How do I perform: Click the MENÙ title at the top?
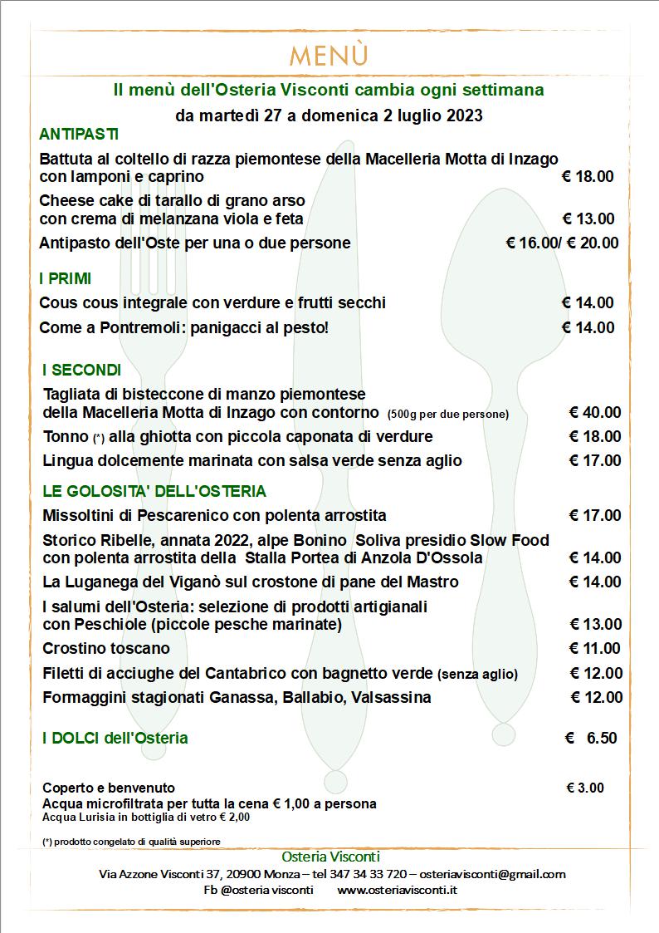[329, 56]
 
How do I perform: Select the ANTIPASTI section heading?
[79, 134]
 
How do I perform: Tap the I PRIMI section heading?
[65, 278]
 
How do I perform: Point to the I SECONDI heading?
[81, 370]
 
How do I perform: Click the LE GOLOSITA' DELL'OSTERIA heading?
[154, 491]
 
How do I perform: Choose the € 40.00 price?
[594, 412]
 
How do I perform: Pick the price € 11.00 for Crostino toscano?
[594, 648]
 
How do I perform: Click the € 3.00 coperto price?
[585, 788]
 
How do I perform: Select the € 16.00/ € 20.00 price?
[562, 243]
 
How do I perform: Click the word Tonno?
[66, 436]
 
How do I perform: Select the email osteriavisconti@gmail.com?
[492, 874]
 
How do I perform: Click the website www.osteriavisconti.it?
[398, 890]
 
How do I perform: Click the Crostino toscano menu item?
[105, 648]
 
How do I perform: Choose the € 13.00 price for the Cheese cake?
[588, 219]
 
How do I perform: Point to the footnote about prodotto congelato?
[131, 842]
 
